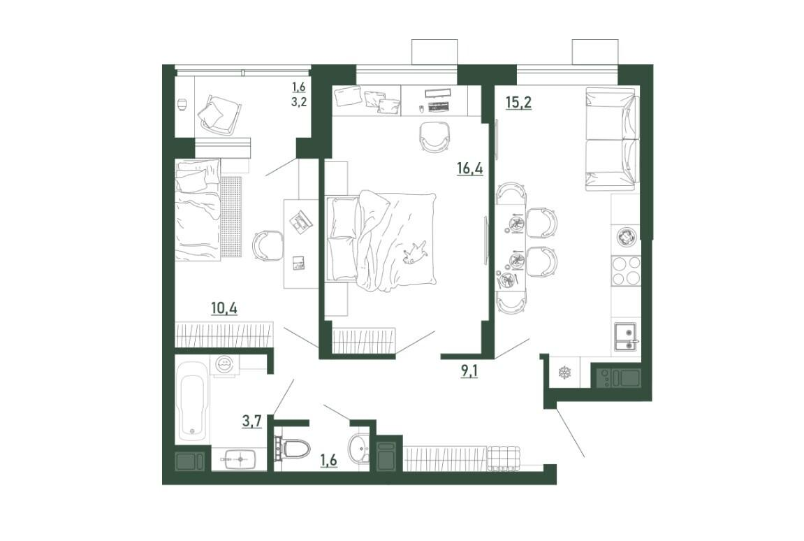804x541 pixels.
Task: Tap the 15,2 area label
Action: (x=518, y=102)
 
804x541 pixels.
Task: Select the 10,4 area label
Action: (x=224, y=308)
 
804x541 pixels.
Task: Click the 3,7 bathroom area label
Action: (x=251, y=421)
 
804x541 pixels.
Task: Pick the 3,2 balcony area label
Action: (x=299, y=101)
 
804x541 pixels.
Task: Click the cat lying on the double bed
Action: (x=415, y=252)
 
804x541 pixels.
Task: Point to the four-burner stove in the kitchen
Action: (x=626, y=270)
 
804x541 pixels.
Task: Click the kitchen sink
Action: (x=626, y=336)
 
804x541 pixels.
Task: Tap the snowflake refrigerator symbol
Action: (x=565, y=372)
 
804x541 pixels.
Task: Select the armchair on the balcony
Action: (x=219, y=113)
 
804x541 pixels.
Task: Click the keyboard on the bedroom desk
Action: (x=438, y=106)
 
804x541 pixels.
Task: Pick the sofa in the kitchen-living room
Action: (x=612, y=139)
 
